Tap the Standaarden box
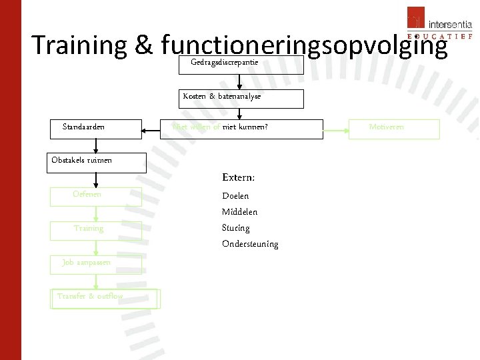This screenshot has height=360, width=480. tap(96, 129)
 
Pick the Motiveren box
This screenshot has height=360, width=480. tap(395, 129)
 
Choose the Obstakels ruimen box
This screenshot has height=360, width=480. tap(96, 163)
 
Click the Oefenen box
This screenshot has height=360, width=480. tap(96, 197)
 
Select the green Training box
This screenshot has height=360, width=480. tap(96, 230)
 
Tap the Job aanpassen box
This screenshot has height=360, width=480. tap(96, 265)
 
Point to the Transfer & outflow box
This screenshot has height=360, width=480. tap(105, 298)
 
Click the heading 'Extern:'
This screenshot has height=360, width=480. tap(238, 178)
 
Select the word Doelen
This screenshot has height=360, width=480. tap(235, 196)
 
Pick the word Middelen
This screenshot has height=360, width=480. tap(239, 212)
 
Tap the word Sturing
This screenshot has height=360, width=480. tap(235, 228)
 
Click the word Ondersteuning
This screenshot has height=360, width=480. tap(250, 244)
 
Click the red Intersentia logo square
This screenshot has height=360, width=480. tap(415, 18)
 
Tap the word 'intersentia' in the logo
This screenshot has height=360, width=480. tap(450, 25)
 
